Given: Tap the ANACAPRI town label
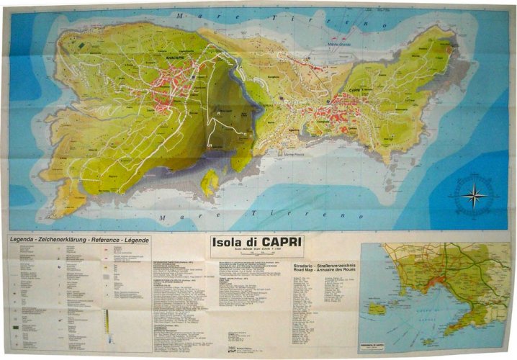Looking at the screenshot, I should pos(176,57).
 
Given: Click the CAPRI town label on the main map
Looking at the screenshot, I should pos(354,91).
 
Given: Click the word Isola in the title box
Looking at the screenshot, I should pos(228,243).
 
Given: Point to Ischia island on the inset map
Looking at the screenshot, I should pos(377,307).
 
